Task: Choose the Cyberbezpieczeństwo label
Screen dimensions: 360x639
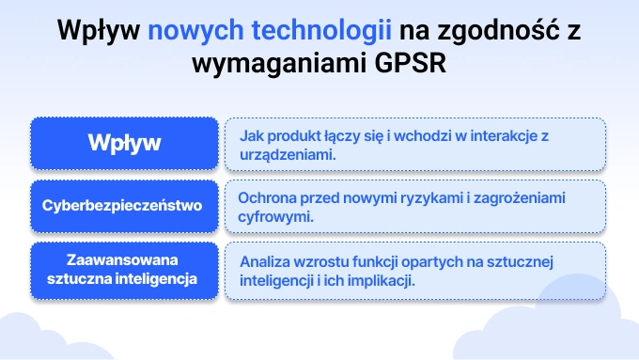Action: click(x=122, y=202)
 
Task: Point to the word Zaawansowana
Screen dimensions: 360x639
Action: click(x=123, y=258)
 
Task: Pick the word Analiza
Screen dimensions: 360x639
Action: click(x=264, y=261)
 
